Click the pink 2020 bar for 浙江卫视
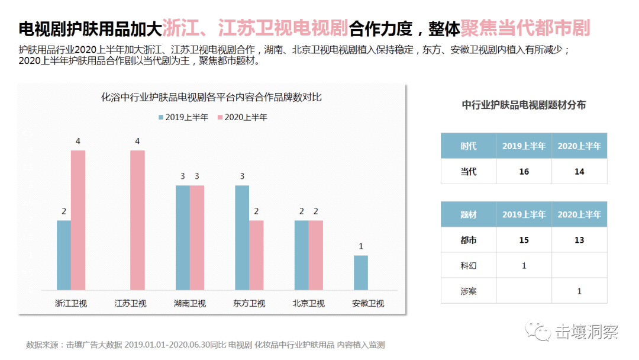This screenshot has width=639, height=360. (78, 220)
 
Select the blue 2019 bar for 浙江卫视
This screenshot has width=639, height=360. (64, 255)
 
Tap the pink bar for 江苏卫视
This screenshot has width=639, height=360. (137, 220)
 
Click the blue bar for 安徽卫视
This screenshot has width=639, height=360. (361, 273)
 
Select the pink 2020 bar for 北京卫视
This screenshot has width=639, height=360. (316, 255)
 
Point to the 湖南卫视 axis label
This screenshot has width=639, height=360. (190, 304)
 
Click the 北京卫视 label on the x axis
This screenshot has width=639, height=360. (308, 304)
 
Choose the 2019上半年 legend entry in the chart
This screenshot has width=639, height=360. (183, 117)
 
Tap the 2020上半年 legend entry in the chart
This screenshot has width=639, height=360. (242, 117)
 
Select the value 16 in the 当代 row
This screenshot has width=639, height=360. (524, 172)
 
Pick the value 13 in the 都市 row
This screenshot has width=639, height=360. (579, 240)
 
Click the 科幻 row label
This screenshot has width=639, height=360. (468, 265)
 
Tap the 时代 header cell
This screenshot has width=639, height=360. (468, 146)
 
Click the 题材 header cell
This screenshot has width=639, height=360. (468, 214)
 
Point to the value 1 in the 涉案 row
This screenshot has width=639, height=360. (579, 291)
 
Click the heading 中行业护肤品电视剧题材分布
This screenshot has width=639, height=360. (524, 105)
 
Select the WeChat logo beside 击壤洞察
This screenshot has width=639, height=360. (540, 332)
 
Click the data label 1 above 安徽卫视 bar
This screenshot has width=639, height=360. (361, 246)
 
